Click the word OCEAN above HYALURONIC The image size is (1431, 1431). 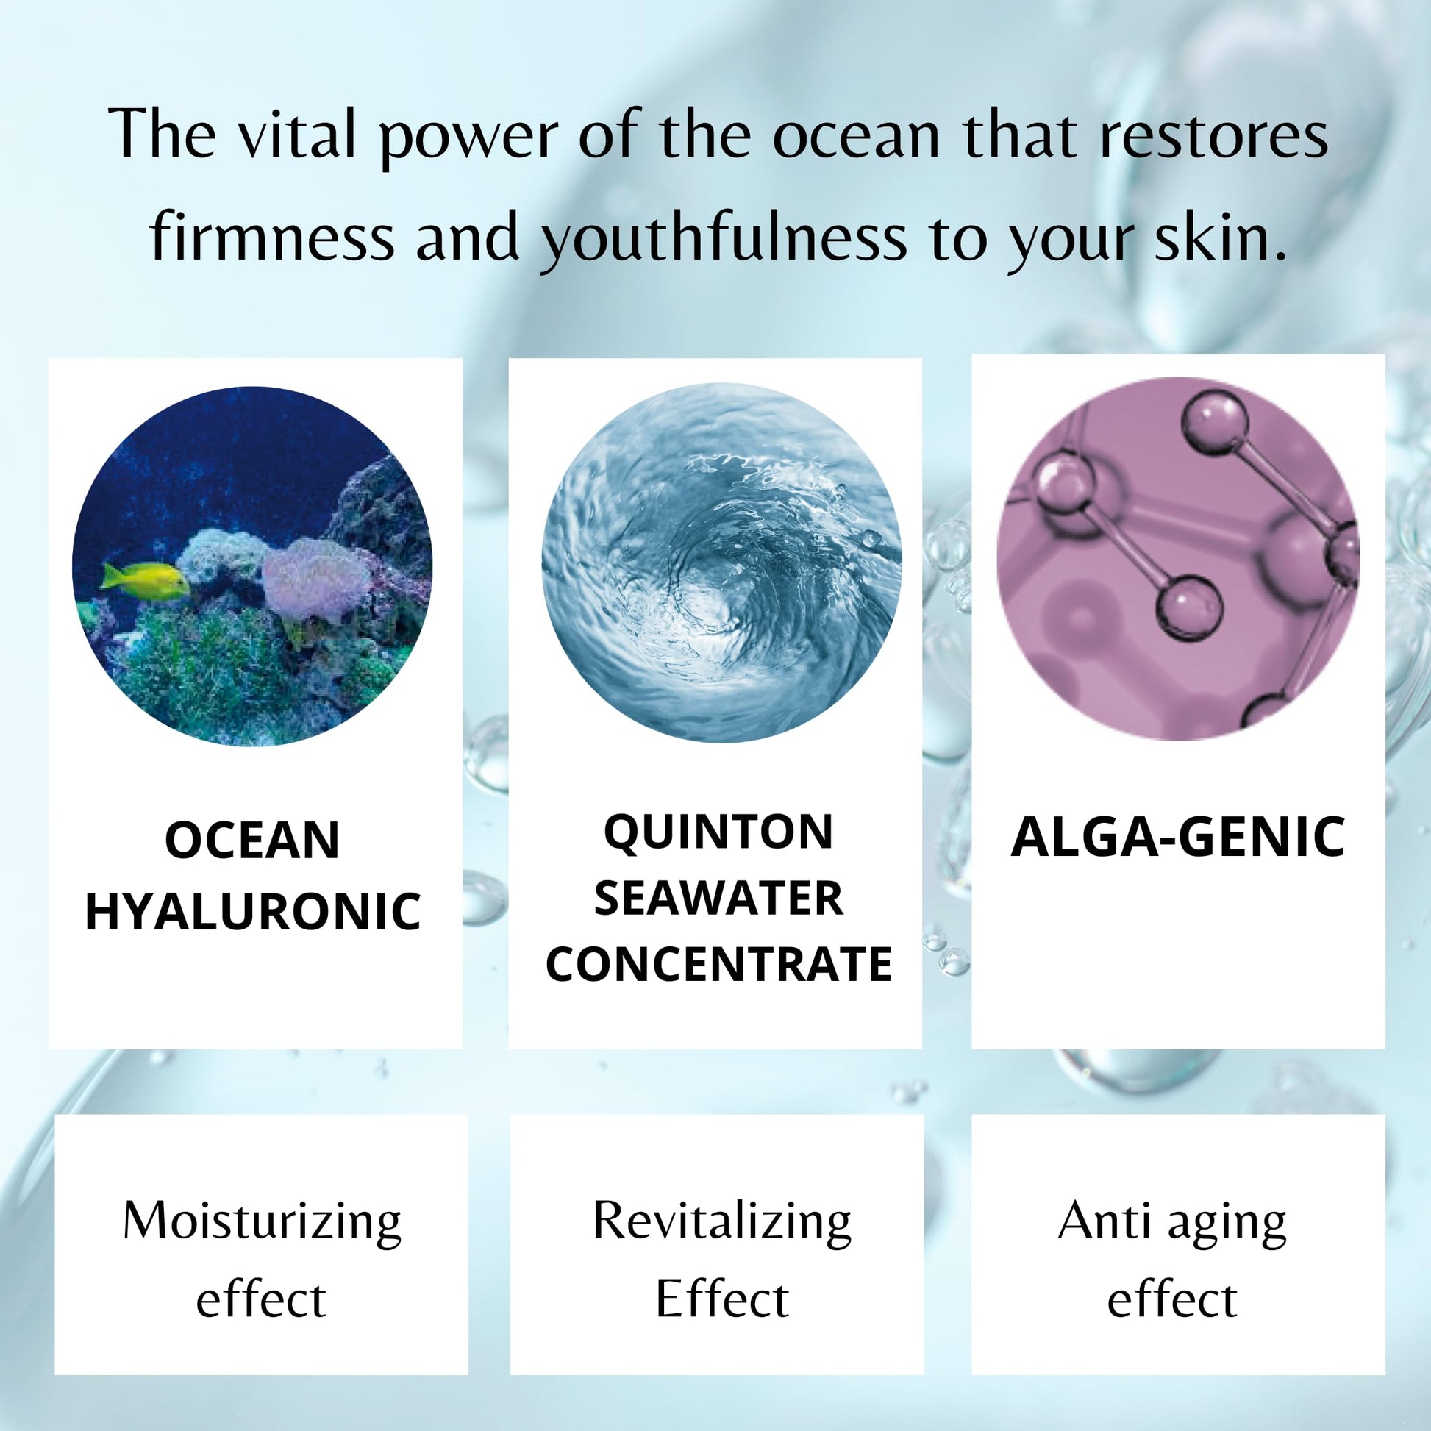click(251, 841)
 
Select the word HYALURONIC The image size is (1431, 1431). click(253, 911)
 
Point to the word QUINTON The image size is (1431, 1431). click(718, 832)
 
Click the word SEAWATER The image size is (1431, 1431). click(718, 899)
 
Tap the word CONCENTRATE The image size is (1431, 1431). click(718, 964)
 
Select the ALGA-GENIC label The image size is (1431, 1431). click(1178, 838)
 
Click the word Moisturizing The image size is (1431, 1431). click(262, 1222)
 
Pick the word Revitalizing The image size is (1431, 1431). click(721, 1222)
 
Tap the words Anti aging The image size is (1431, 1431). click(1172, 1222)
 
